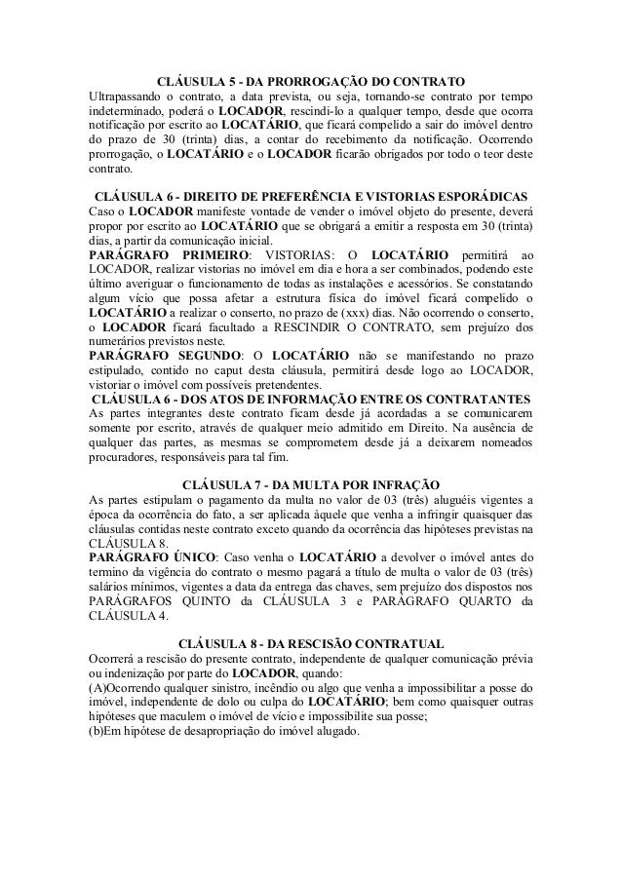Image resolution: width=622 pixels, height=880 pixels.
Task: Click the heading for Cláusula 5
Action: (310, 79)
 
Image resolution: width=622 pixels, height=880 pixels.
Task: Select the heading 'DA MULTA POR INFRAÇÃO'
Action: (310, 484)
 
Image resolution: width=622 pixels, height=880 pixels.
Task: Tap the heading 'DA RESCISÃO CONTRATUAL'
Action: (310, 644)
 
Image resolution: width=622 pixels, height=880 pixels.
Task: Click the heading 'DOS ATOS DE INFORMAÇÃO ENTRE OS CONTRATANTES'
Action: (310, 400)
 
